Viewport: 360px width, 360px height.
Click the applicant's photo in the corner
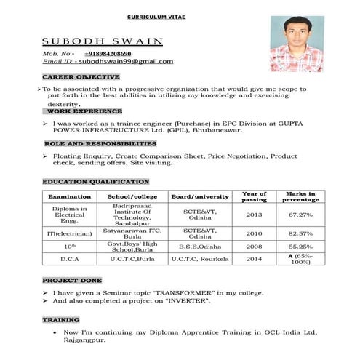297,43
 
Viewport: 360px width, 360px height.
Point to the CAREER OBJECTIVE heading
81,76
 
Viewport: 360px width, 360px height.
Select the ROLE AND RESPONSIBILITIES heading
99,144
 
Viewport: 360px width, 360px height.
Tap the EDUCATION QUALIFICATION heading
95,181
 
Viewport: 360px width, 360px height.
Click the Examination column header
69,197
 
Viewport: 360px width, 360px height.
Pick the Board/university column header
199,197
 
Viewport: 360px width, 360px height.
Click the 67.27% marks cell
300,215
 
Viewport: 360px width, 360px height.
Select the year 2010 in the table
254,233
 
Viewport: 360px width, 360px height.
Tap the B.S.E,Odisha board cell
199,247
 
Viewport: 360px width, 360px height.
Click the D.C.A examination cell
70,259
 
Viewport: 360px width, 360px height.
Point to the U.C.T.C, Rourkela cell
199,259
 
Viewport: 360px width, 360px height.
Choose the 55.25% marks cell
300,247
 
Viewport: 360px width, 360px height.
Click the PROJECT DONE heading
71,280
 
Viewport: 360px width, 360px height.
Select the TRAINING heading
60,319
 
